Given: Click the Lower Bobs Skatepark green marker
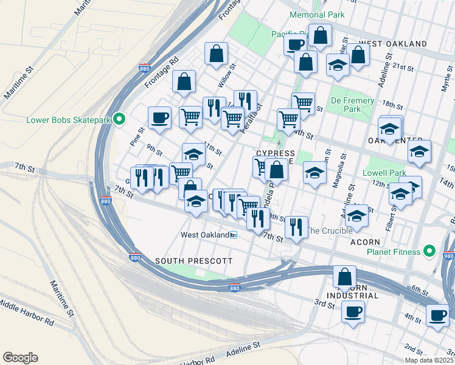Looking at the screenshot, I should (120, 119).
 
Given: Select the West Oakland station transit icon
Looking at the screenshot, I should (234, 235).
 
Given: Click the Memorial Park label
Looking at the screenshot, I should (317, 14).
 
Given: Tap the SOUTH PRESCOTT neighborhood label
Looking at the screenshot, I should (193, 260).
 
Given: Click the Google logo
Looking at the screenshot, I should (20, 358).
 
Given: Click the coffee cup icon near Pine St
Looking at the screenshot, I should (160, 117).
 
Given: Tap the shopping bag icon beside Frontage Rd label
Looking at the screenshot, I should (184, 82).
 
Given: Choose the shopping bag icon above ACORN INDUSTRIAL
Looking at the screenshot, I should (344, 277).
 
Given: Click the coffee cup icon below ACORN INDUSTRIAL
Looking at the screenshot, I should (353, 312).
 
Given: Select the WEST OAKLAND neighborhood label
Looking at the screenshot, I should (393, 44).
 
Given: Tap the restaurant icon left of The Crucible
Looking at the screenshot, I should (296, 227).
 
